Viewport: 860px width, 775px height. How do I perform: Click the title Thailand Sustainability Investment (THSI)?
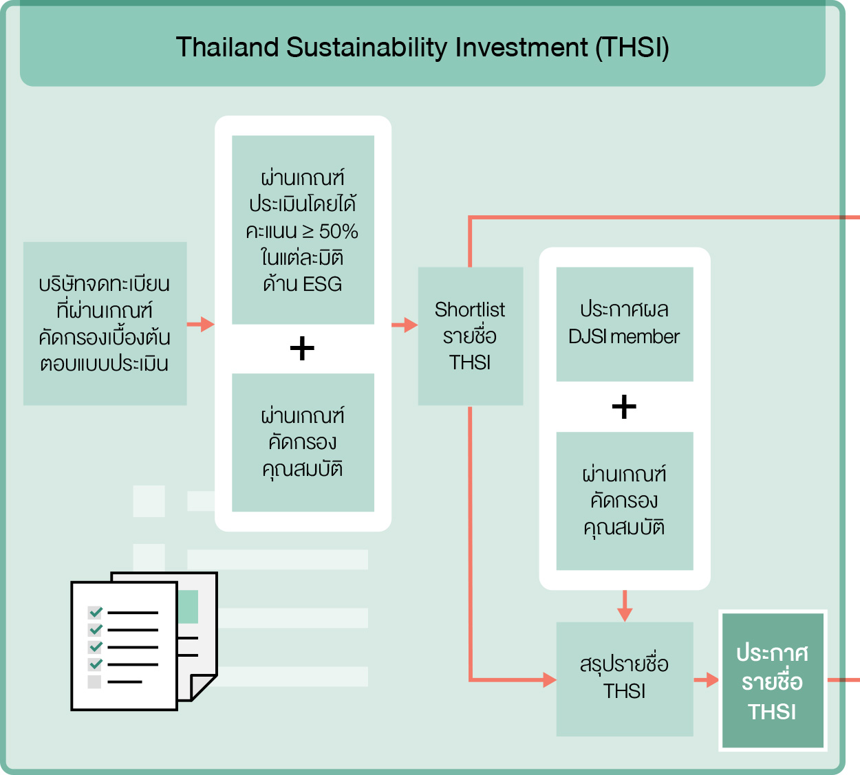click(x=422, y=47)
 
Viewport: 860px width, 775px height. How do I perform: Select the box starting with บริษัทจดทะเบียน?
click(x=105, y=323)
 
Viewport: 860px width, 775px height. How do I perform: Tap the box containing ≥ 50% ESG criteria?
click(x=303, y=230)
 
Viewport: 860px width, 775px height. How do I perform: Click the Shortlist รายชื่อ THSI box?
click(x=470, y=336)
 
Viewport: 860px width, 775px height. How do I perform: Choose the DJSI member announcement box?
click(x=624, y=324)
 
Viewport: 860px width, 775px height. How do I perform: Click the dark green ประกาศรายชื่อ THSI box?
click(x=772, y=681)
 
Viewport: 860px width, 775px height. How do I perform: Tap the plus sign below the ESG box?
click(x=302, y=349)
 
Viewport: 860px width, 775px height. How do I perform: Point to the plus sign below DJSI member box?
click(x=624, y=407)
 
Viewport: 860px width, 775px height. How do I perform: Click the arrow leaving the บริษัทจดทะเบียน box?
click(x=201, y=324)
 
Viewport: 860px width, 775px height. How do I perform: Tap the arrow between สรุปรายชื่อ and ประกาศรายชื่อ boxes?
click(x=707, y=680)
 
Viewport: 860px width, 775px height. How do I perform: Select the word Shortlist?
click(x=470, y=309)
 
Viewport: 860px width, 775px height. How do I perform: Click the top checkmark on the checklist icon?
click(x=96, y=611)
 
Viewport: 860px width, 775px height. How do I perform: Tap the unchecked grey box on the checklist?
click(x=95, y=681)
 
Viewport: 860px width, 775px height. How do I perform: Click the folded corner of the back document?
click(x=202, y=687)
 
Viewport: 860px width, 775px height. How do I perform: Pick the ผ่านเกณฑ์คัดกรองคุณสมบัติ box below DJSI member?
click(x=624, y=501)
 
